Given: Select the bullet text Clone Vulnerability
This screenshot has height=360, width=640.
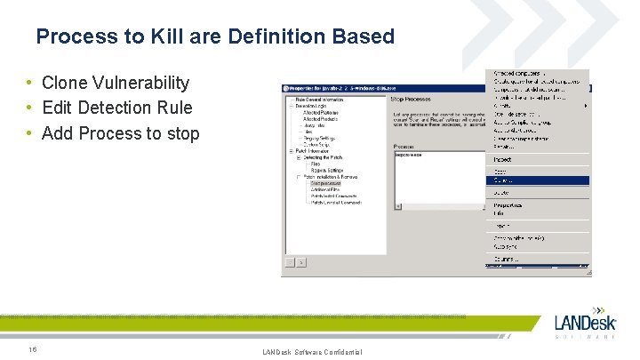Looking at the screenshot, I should click(116, 83).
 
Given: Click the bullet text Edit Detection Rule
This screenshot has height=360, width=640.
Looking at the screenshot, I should click(116, 108).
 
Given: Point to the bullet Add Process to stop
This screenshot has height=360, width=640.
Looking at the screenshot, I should click(121, 133).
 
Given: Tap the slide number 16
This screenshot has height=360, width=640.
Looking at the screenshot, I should click(32, 348).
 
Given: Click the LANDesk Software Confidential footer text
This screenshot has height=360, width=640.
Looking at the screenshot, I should click(312, 353).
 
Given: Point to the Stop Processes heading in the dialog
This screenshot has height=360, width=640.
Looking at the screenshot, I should click(412, 100).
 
